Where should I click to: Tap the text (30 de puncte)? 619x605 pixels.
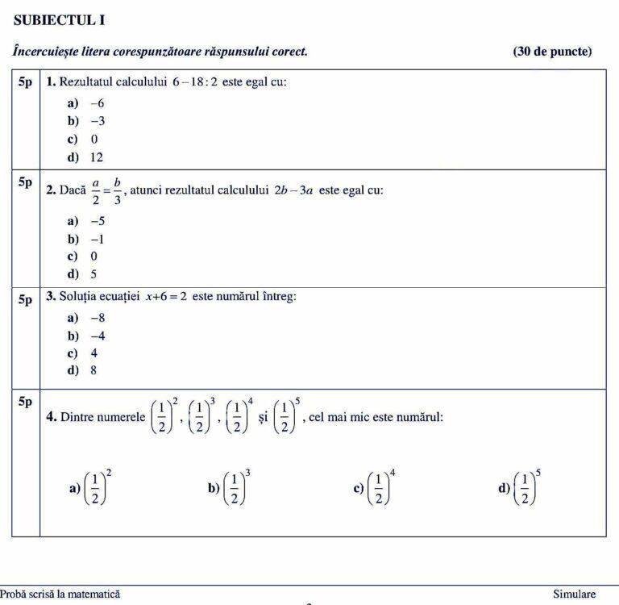click(551, 52)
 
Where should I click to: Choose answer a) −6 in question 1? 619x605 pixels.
click(85, 103)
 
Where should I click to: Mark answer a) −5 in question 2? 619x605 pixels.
click(85, 221)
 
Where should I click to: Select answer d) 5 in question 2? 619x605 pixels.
click(82, 273)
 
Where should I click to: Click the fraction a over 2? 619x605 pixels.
click(95, 191)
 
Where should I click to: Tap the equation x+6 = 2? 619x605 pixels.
click(166, 297)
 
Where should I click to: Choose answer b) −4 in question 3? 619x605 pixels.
click(85, 336)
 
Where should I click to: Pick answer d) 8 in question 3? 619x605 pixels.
click(82, 370)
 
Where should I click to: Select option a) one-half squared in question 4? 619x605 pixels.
click(91, 487)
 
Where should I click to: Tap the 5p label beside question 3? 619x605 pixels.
click(25, 299)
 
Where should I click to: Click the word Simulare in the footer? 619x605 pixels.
click(574, 594)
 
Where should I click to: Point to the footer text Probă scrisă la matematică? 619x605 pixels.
click(60, 594)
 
